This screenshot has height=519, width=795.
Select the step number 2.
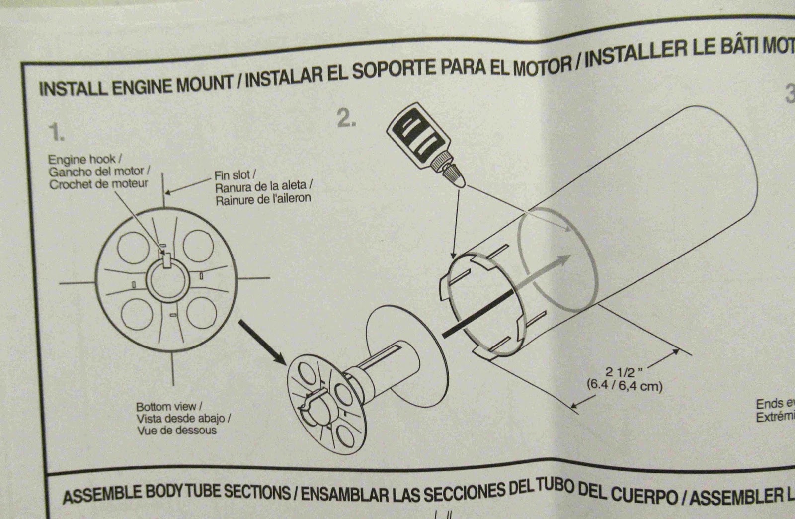click(346, 118)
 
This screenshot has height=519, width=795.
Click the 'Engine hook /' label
click(81, 160)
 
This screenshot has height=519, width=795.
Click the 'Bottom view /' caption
click(169, 407)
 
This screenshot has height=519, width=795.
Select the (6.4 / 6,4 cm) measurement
click(625, 385)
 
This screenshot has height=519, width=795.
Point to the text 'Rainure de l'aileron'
click(263, 198)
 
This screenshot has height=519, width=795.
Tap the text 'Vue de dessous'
click(177, 430)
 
